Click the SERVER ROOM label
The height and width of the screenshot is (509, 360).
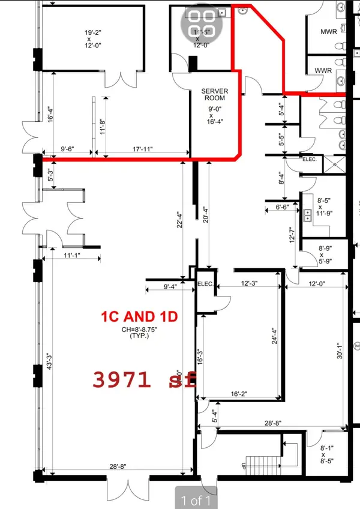coord(214,94)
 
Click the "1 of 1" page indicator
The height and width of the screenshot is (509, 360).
coord(194,499)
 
